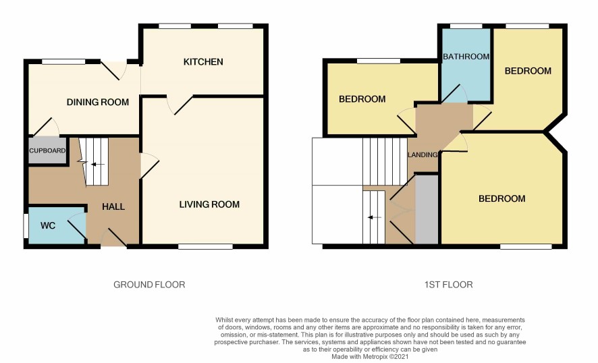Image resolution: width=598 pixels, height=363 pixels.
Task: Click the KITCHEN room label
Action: click(x=203, y=62)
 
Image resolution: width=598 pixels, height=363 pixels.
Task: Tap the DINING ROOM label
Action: click(x=98, y=102)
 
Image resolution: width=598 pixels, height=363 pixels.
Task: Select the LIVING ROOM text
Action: click(x=209, y=204)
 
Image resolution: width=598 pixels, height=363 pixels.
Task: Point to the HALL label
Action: click(x=113, y=206)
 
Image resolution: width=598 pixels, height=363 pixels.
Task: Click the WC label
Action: click(x=48, y=226)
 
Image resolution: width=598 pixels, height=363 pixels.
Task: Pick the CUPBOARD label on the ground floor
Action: click(x=47, y=150)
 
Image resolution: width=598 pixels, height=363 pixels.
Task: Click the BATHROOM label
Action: click(x=466, y=57)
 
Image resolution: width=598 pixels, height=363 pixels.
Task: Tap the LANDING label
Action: click(x=423, y=155)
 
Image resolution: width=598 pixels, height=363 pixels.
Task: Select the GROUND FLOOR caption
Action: click(x=149, y=285)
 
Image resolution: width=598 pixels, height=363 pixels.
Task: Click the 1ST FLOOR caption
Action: click(x=448, y=285)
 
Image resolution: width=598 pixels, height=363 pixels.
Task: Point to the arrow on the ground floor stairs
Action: click(x=98, y=165)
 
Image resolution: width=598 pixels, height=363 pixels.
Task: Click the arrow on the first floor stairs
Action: click(x=375, y=218)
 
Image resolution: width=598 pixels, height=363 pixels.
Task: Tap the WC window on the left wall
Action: click(x=25, y=226)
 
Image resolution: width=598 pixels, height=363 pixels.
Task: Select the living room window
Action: click(x=205, y=247)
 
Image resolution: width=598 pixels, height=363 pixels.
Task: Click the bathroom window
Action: click(x=466, y=26)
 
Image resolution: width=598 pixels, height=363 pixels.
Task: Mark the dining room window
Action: click(x=63, y=61)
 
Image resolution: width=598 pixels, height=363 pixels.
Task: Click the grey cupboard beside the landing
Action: click(x=427, y=209)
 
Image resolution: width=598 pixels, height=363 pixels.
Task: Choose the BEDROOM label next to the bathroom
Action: click(x=528, y=71)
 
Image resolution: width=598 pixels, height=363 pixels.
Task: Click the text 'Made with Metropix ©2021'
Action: click(x=370, y=357)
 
